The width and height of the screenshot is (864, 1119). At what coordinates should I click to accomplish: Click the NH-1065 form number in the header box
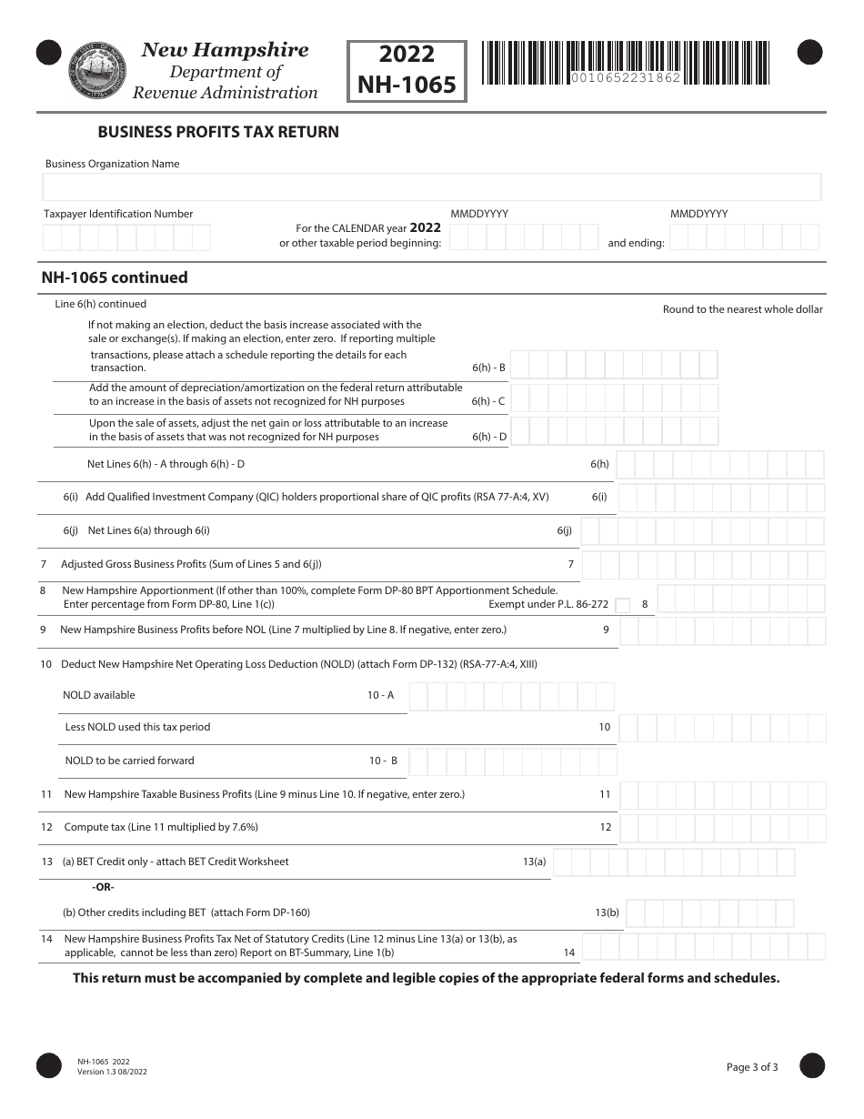[407, 85]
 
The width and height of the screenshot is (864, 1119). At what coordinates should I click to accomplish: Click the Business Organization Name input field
[431, 186]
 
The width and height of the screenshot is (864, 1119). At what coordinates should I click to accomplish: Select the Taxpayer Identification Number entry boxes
[126, 237]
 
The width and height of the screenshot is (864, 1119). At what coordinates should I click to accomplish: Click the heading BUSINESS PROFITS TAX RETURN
[218, 132]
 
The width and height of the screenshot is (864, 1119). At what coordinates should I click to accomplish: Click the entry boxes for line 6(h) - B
[614, 365]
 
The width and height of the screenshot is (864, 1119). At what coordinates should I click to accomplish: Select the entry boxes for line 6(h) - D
[614, 431]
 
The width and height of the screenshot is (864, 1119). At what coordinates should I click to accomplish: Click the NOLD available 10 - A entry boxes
[512, 697]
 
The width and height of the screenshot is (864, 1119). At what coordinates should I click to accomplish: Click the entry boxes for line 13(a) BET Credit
[674, 862]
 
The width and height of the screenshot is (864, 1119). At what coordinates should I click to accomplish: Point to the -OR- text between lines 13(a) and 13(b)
[103, 887]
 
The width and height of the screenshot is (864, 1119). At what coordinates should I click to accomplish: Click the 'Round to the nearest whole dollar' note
[742, 309]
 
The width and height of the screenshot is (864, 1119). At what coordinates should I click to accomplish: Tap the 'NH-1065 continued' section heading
[115, 277]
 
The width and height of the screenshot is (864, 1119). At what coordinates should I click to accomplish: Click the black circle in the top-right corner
[809, 54]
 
